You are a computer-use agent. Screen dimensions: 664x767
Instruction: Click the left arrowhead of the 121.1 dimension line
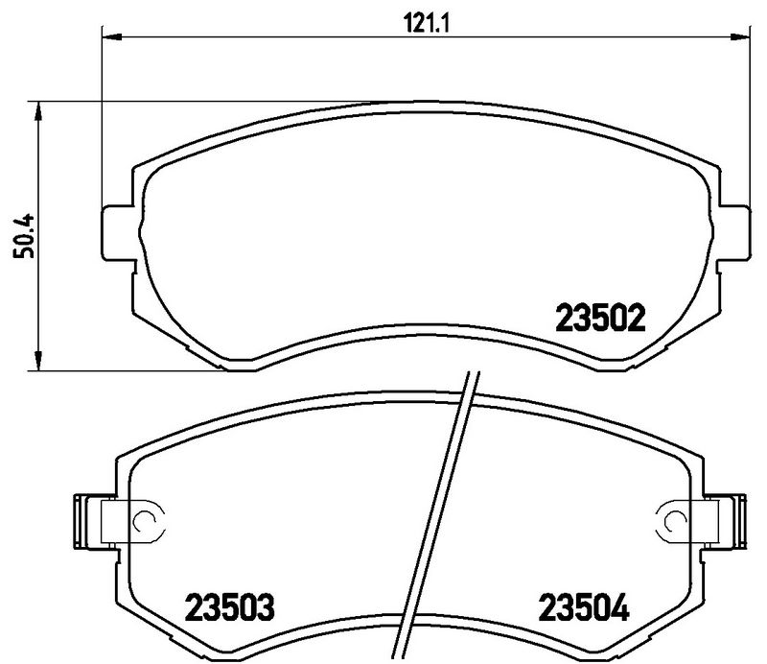pyautogui.click(x=111, y=37)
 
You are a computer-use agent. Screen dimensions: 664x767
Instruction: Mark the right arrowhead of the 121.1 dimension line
pyautogui.click(x=741, y=37)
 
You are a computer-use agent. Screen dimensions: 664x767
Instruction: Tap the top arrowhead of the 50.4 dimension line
pyautogui.click(x=39, y=110)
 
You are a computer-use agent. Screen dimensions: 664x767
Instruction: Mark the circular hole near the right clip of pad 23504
pyautogui.click(x=668, y=521)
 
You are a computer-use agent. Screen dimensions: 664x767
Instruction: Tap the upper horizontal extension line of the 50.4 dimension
pyautogui.click(x=192, y=100)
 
